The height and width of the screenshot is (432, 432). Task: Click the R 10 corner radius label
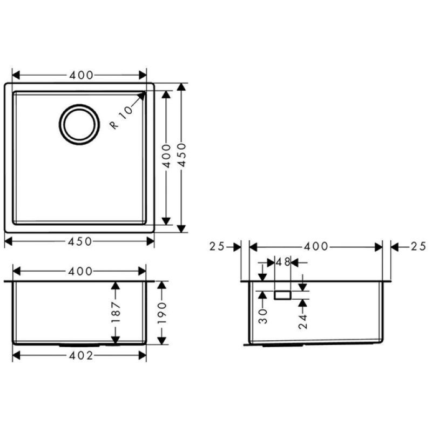(121, 118)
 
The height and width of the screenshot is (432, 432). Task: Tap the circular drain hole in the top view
(79, 124)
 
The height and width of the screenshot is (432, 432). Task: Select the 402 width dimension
(81, 356)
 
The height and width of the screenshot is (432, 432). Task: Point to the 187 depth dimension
(116, 312)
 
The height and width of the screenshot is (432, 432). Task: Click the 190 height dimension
(163, 313)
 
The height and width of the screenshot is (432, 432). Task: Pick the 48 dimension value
(283, 262)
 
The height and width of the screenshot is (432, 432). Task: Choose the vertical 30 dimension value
(264, 316)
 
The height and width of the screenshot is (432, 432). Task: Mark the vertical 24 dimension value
(303, 321)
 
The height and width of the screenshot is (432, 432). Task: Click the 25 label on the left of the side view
(217, 246)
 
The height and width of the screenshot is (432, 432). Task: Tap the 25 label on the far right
(418, 246)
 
